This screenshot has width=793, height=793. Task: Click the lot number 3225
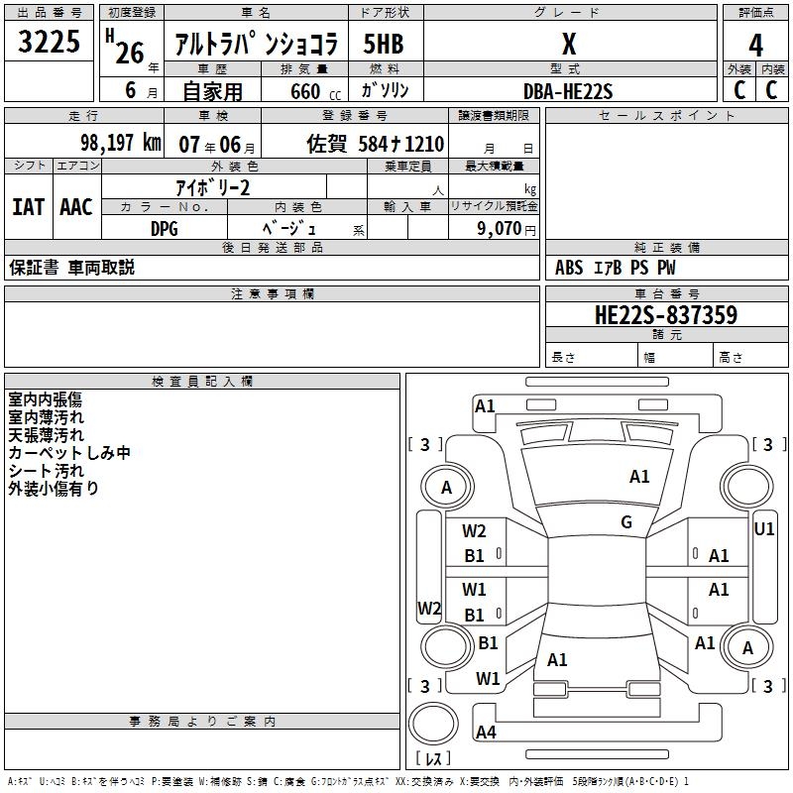tap(49, 43)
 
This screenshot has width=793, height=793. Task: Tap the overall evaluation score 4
tap(755, 45)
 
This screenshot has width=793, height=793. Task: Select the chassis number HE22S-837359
tap(665, 315)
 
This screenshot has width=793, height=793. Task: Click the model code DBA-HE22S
tap(568, 91)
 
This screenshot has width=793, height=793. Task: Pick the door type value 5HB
tap(384, 45)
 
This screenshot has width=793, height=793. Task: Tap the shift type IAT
tap(28, 207)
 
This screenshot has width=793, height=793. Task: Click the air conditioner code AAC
tap(76, 207)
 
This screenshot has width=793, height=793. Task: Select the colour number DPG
tap(165, 227)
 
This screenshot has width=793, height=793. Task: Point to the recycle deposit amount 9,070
tap(500, 228)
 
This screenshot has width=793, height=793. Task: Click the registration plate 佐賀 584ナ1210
tap(375, 144)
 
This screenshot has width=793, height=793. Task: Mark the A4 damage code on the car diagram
tap(486, 733)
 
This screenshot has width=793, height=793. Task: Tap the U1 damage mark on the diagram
tap(763, 528)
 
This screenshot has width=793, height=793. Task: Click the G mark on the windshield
tap(626, 521)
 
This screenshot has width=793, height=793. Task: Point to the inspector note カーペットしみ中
tap(69, 453)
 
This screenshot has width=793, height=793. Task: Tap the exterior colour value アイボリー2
tap(213, 187)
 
